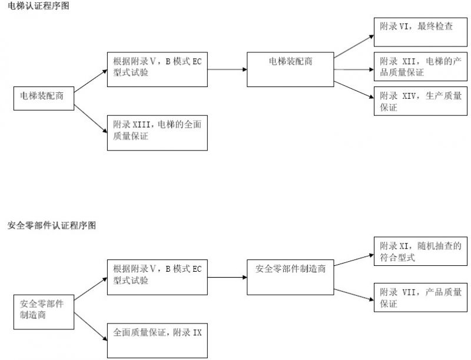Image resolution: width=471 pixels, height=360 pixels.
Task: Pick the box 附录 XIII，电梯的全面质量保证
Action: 157,133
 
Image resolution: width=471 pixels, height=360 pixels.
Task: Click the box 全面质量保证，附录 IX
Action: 157,341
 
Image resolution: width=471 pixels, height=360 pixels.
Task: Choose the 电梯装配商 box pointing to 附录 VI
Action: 290,69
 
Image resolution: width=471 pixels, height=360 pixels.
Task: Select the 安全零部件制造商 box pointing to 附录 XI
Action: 290,277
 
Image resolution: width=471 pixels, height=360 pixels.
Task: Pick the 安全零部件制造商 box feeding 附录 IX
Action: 44,311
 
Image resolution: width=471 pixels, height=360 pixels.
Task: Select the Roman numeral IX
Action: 197,333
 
